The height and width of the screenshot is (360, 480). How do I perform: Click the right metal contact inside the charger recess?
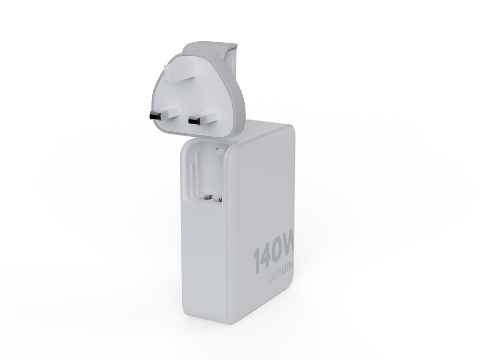[217, 199]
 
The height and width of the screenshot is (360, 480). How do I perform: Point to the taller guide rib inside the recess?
[193, 173]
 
